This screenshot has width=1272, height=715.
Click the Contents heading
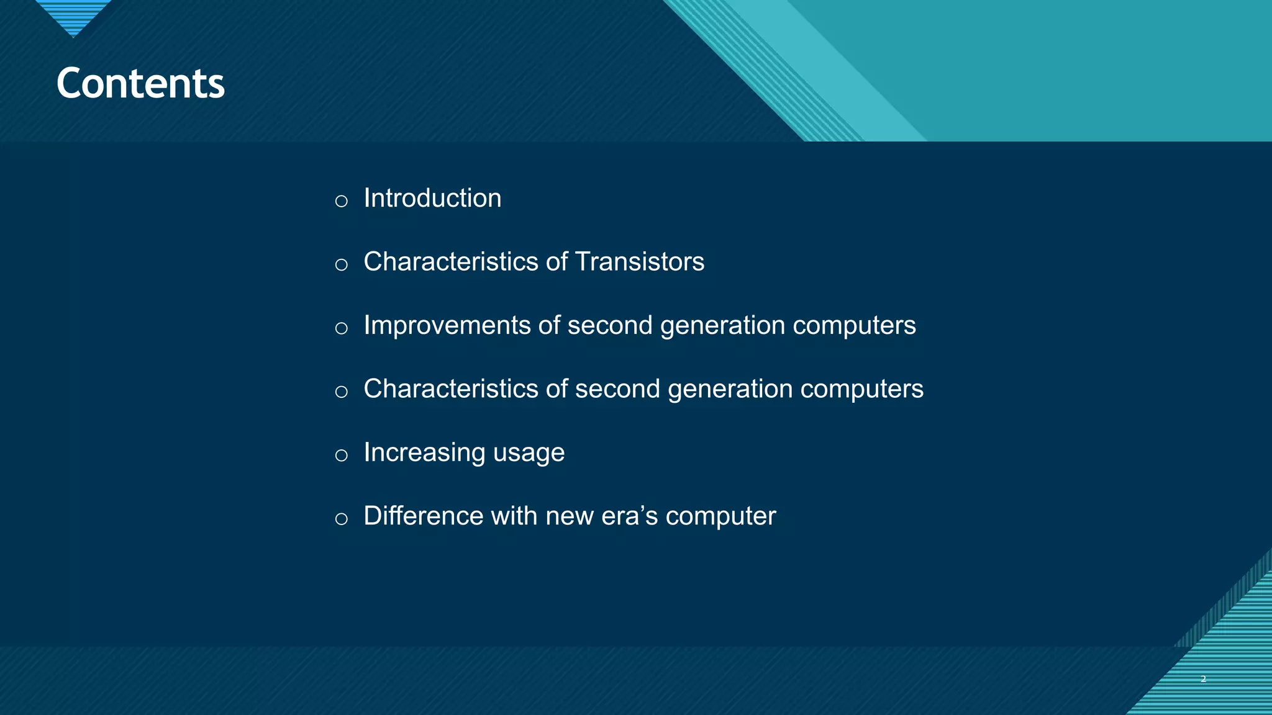(140, 83)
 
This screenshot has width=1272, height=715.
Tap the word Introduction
(432, 199)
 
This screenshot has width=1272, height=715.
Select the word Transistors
(640, 262)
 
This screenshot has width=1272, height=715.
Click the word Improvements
(447, 326)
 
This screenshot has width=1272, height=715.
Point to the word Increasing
(424, 452)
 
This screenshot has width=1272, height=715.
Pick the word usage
(529, 454)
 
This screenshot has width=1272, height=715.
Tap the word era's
(629, 516)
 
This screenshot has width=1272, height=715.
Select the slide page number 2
(1203, 679)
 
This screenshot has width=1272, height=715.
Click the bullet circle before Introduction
(341, 201)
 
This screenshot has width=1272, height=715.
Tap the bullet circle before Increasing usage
(341, 456)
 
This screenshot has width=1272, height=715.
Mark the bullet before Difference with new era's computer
(341, 519)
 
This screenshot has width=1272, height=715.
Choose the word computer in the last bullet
(720, 517)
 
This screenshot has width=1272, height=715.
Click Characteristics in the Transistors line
(450, 262)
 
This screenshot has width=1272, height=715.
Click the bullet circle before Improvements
(341, 328)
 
